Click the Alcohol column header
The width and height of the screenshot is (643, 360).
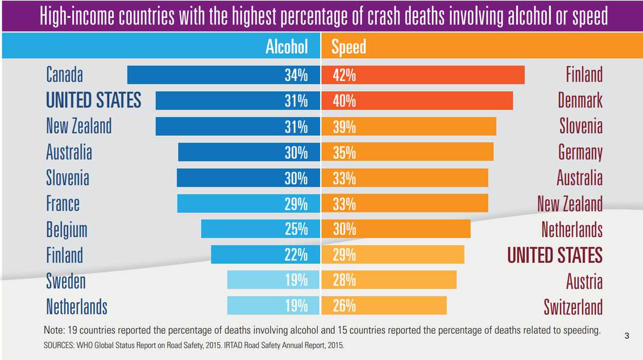286,47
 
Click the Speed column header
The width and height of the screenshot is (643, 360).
348,47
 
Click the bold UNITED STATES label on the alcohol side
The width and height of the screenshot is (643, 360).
93,100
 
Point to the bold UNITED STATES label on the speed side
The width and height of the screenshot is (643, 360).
555,255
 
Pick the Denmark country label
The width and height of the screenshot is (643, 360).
580,100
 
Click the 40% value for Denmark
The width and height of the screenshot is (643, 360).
344,101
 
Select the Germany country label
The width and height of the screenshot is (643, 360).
580,153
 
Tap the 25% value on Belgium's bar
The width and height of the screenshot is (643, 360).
296,229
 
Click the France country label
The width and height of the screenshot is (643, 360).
63,204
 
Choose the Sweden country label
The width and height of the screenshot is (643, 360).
66,281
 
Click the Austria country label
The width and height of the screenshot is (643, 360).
584,281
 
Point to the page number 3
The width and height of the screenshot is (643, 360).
627,336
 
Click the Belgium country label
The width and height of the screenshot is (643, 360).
67,230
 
